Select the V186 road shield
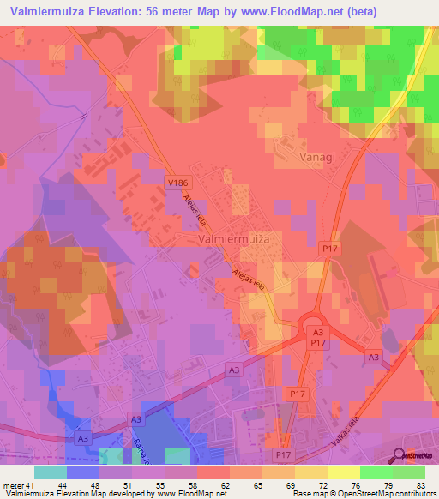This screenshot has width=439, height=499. (x=177, y=182)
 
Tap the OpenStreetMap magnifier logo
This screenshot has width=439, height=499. (x=398, y=455)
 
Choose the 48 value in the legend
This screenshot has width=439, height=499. (x=83, y=485)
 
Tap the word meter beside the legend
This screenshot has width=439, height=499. (x=13, y=485)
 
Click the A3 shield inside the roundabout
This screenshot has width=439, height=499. (x=317, y=332)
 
